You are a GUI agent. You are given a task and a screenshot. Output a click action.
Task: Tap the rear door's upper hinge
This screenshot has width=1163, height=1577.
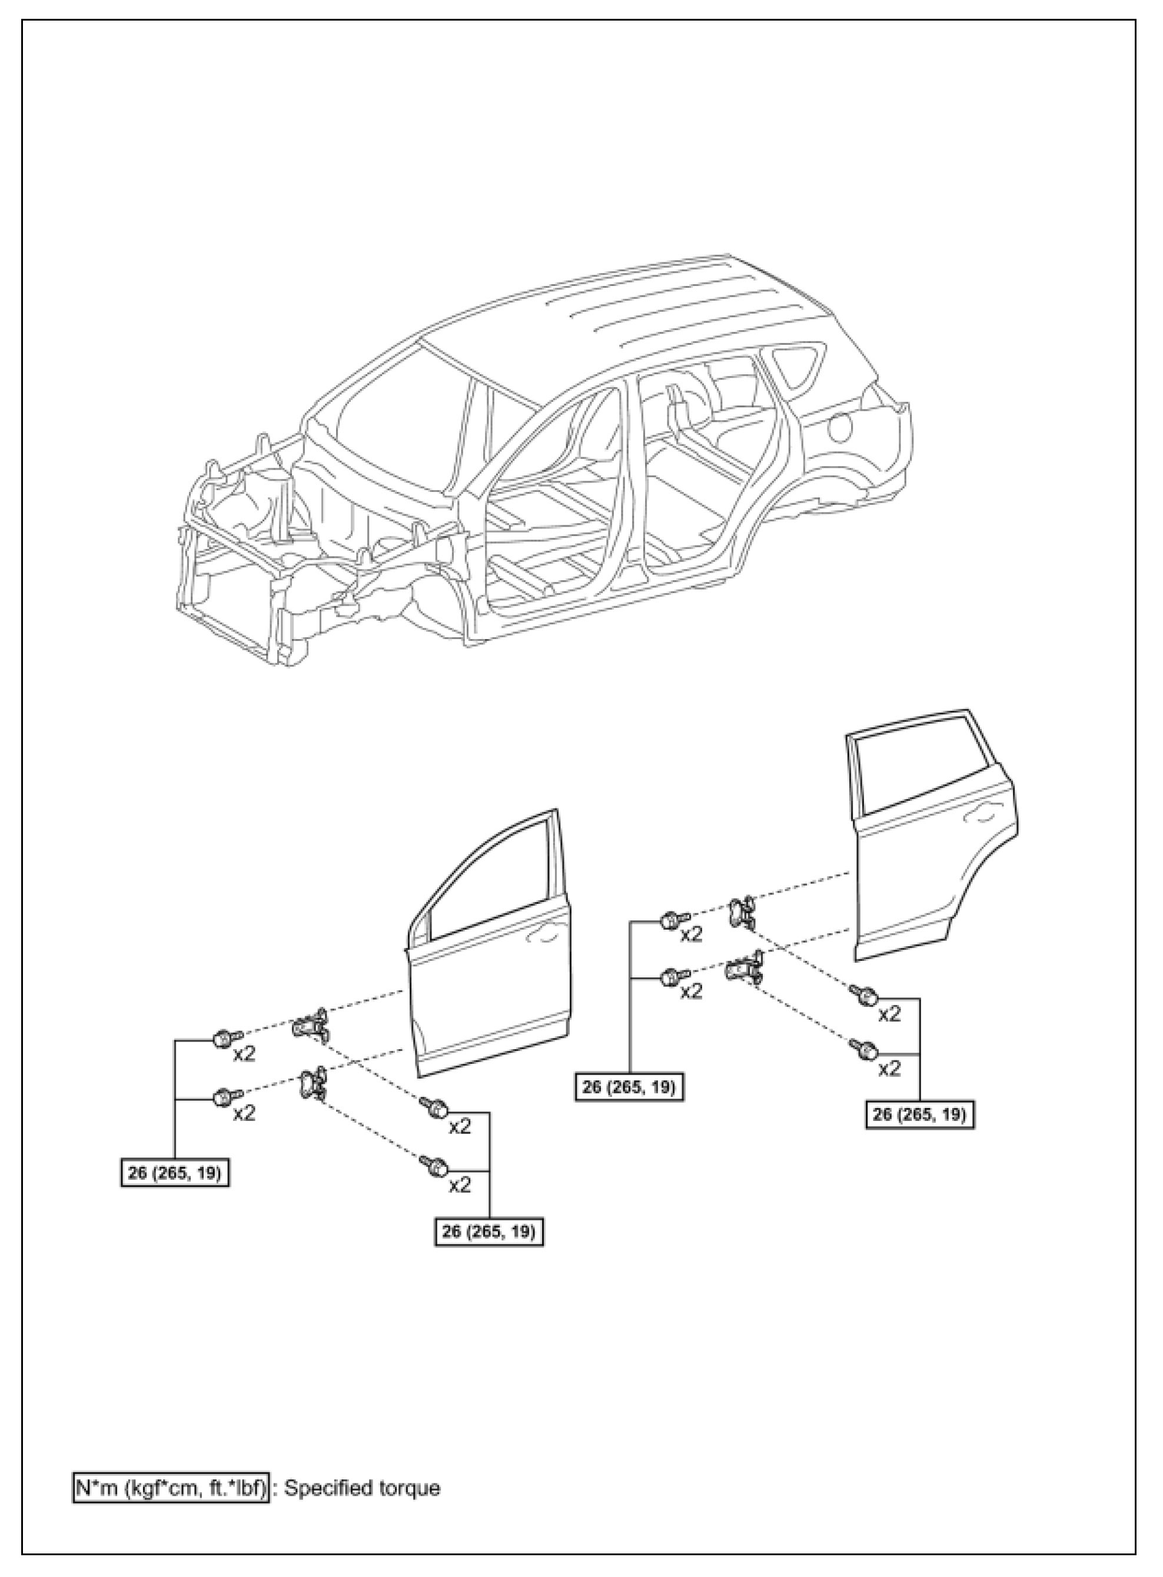740,913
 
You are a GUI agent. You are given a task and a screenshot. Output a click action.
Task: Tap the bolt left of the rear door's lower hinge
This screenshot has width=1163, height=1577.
674,977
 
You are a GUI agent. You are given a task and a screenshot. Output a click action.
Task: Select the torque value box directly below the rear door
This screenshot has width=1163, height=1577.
919,1114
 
